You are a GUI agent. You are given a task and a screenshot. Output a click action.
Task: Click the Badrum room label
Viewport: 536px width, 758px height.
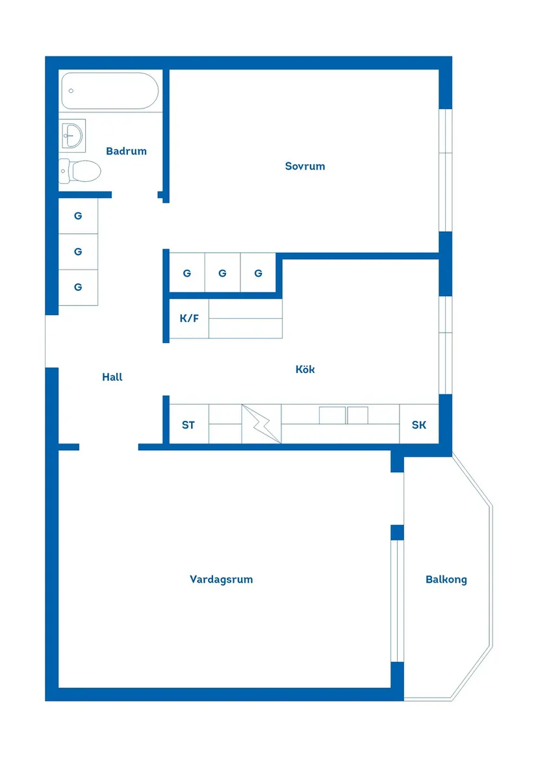[x=126, y=151]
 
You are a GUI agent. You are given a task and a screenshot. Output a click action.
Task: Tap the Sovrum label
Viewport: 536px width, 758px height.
[x=305, y=166]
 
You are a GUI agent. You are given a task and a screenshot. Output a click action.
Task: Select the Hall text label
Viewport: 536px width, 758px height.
[x=112, y=377]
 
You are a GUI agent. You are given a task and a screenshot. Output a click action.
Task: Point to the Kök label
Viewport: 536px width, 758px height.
[x=305, y=369]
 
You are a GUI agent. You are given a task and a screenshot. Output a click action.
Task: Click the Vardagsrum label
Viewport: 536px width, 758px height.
[x=221, y=579]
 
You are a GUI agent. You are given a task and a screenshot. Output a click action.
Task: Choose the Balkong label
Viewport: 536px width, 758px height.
[x=446, y=579]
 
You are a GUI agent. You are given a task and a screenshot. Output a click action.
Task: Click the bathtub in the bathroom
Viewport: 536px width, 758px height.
[x=110, y=91]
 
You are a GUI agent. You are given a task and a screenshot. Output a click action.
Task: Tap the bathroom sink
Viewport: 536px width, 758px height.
[x=72, y=135]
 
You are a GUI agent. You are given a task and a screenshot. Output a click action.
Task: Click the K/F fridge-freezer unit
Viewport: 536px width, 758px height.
[x=189, y=319]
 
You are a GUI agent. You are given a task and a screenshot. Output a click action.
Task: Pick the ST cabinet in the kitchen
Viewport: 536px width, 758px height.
[x=188, y=425]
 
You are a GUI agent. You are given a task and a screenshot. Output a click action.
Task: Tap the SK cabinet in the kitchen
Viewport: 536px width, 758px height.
[x=419, y=425]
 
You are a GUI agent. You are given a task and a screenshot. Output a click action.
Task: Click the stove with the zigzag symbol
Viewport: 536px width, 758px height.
[x=262, y=424]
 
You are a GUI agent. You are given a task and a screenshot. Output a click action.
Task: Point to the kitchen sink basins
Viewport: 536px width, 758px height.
[x=343, y=415]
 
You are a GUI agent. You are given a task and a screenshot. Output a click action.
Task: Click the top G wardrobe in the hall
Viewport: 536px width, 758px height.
[x=78, y=216]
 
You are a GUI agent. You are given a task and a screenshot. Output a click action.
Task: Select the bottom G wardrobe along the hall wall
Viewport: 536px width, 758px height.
[x=78, y=287]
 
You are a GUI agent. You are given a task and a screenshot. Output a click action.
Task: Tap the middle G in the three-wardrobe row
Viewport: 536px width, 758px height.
[x=222, y=273]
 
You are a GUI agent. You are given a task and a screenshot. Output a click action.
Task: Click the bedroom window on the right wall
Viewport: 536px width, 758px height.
[x=445, y=170]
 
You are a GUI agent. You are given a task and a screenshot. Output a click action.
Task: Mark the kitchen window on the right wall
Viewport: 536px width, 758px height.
[x=445, y=345]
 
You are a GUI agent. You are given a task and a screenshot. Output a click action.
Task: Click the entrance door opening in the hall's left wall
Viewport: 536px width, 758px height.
[x=51, y=341]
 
